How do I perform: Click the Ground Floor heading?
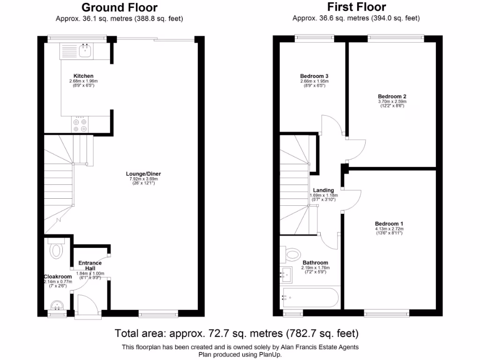pos(120,7)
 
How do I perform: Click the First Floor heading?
pos(356,7)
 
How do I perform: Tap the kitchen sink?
pos(85,51)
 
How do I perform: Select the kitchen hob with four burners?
pos(79,125)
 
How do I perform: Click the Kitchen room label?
pos(83,76)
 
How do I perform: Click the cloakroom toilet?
pos(57,249)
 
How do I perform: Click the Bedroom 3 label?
pos(314,76)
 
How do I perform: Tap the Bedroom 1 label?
pos(389,224)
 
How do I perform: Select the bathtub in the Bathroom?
pos(309,296)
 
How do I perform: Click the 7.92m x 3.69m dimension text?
pos(144,179)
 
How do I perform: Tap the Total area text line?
pos(237,334)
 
